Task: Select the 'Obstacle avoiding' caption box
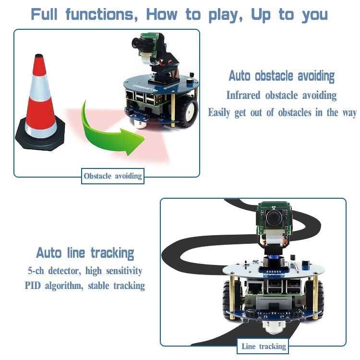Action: pos(113,176)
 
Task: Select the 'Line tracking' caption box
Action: pos(264,346)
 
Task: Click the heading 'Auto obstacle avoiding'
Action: pos(281,76)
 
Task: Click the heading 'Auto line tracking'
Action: pos(85,253)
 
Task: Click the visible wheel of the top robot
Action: pos(189,111)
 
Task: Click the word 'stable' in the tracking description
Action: pos(97,286)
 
